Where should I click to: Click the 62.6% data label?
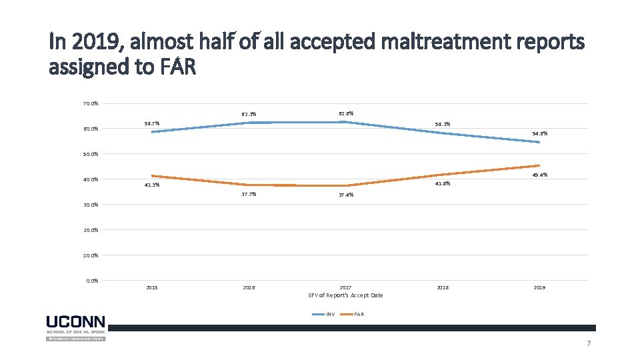tap(346, 114)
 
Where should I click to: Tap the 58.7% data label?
tap(152, 123)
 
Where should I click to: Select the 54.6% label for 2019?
tap(540, 133)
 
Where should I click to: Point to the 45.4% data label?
tap(540, 175)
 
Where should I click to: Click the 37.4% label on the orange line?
tap(346, 195)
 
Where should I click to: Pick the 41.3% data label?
tap(152, 185)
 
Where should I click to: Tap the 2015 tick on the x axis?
tap(152, 287)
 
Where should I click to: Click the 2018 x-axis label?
tap(443, 287)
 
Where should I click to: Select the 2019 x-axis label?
tap(540, 287)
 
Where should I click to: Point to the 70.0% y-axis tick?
tap(91, 103)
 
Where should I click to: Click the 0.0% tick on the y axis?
tap(92, 280)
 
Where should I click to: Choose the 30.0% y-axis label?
tap(91, 205)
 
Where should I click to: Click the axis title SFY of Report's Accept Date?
tap(345, 295)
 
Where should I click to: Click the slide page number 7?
tap(589, 343)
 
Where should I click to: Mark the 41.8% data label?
tap(443, 183)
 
